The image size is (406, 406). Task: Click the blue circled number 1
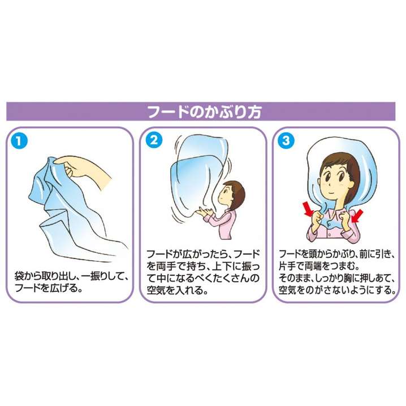point(19,141)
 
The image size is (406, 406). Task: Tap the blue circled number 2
point(154,140)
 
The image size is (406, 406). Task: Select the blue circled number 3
point(286,140)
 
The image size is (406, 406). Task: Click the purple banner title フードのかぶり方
point(204,112)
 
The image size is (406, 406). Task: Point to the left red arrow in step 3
point(309,209)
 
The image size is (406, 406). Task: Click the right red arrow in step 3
point(357,216)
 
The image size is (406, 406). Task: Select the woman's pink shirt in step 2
point(223,223)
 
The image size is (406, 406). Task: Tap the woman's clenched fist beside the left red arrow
point(317,218)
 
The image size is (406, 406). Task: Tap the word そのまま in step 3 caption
point(294,278)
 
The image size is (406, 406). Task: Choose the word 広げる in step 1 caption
point(63,288)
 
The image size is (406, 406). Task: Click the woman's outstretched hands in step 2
point(205,212)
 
